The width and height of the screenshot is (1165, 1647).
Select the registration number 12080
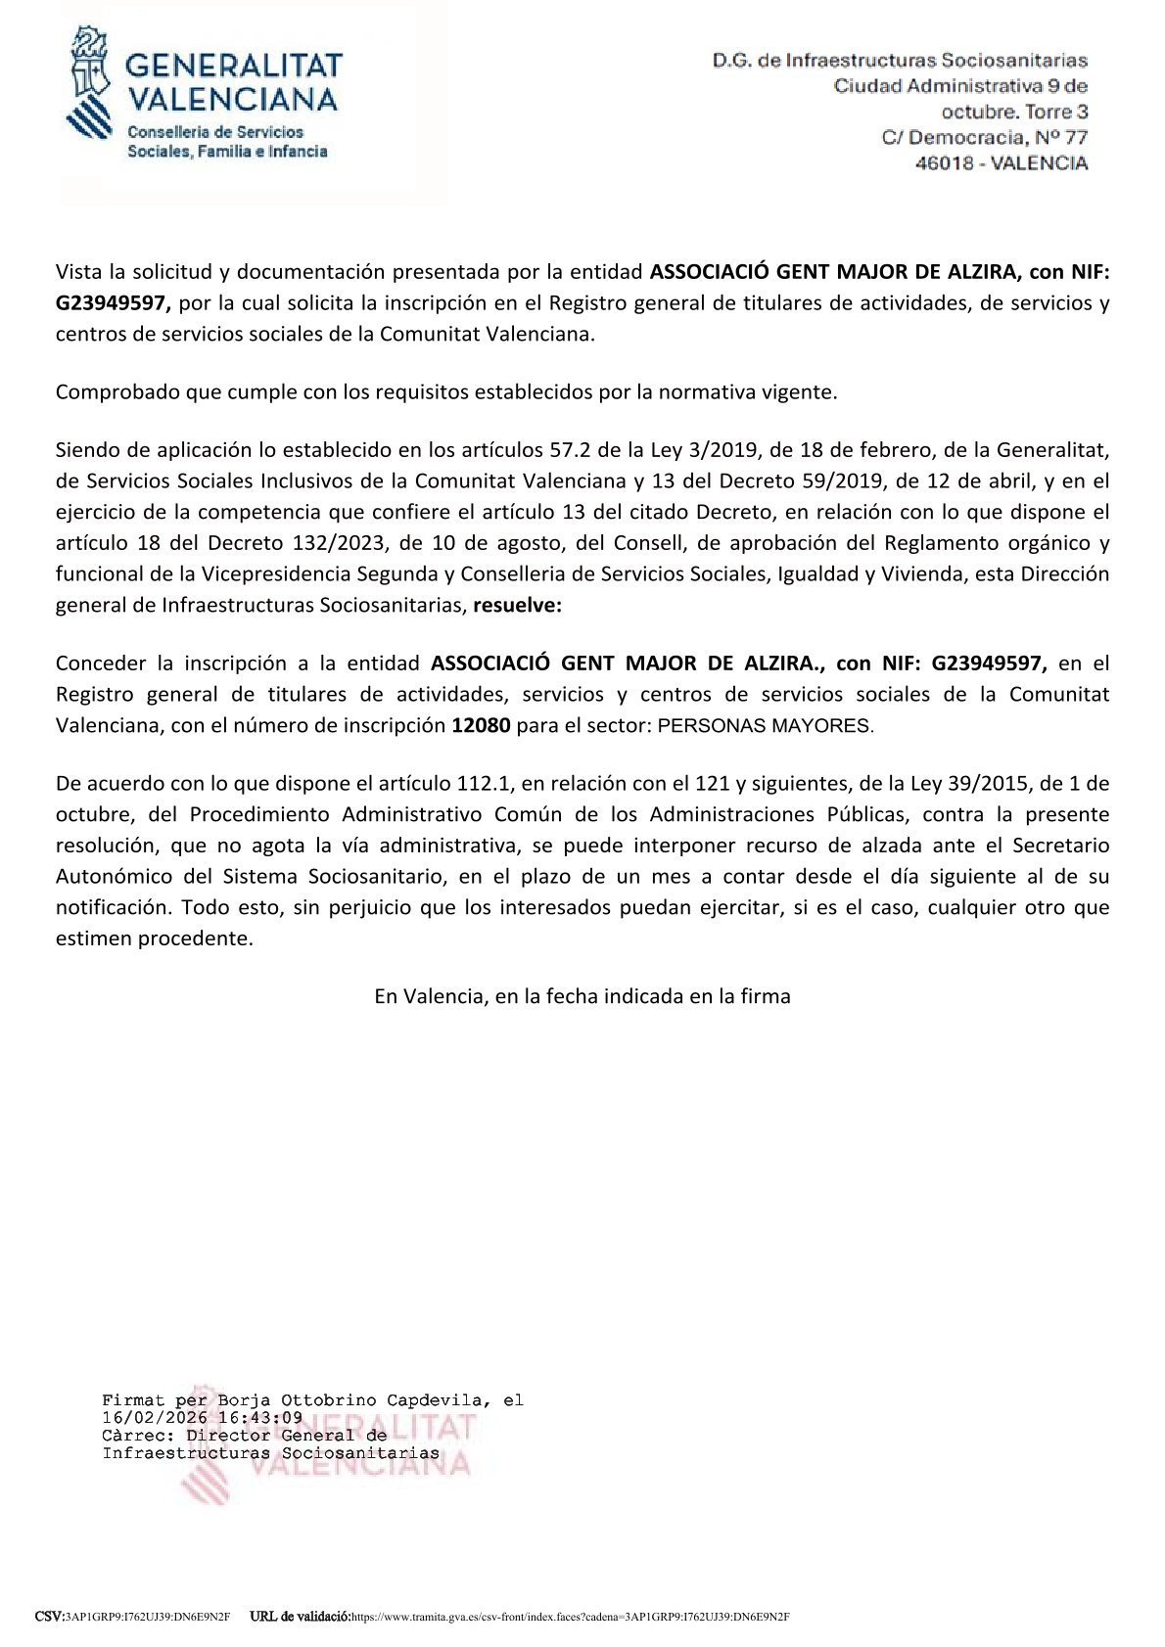pos(481,726)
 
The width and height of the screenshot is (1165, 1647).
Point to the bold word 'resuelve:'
pos(518,605)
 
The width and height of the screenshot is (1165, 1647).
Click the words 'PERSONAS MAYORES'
pos(764,726)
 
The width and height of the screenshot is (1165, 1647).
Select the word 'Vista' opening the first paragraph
pos(78,271)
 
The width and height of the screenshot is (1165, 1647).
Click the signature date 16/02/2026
pos(154,1417)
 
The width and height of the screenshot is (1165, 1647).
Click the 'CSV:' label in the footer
pos(49,1616)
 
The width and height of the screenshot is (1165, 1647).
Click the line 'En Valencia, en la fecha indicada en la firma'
pos(582,996)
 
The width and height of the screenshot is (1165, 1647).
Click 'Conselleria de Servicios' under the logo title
pos(216,132)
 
